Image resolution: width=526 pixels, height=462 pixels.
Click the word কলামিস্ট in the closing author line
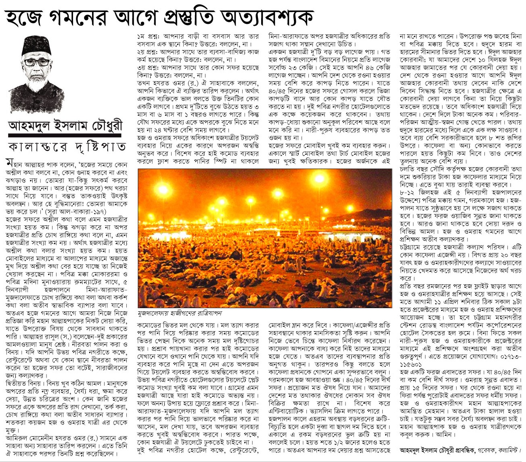(509, 449)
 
